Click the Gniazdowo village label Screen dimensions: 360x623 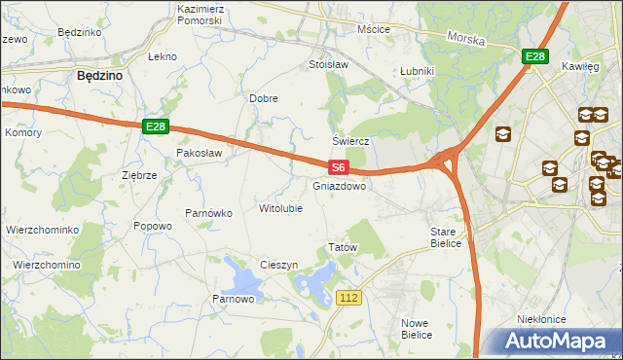[x=340, y=186]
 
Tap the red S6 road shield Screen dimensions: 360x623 [x=337, y=167]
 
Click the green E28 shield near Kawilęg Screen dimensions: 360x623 [x=533, y=57]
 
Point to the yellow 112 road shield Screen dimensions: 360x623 [x=350, y=296]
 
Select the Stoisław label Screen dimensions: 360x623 [x=328, y=65]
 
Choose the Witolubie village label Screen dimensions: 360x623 [x=280, y=208]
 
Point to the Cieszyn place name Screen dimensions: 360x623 [x=278, y=266]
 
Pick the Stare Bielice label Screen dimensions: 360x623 [x=450, y=237]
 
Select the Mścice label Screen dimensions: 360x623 [x=373, y=29]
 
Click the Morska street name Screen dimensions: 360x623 [x=465, y=39]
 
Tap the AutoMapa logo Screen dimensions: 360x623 [x=558, y=341]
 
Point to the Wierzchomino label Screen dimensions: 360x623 [x=46, y=265]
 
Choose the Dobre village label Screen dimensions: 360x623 [x=264, y=98]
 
